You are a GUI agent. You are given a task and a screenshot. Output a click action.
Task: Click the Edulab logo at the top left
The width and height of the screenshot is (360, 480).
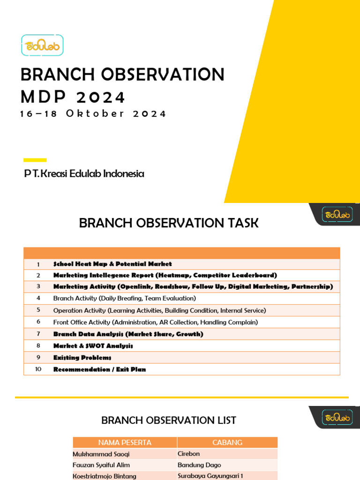pos(42,45)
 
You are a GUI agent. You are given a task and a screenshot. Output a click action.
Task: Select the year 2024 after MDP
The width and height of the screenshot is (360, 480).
pos(100,97)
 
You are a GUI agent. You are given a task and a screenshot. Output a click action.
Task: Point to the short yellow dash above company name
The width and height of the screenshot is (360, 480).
pos(35,160)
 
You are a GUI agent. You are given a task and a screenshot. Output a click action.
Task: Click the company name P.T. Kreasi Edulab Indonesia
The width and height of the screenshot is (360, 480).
pos(84,174)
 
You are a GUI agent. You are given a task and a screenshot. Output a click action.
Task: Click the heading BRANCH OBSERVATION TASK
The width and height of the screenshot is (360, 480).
pos(169,223)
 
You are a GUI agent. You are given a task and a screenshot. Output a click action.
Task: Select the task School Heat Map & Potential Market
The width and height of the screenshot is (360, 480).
pos(112,264)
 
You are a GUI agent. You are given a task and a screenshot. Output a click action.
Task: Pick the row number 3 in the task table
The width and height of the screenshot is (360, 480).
pos(38,286)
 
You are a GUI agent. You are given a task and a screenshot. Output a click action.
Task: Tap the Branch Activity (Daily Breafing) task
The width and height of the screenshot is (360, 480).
pos(124,298)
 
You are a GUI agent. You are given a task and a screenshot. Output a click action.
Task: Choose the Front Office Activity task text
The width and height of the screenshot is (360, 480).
pos(155,322)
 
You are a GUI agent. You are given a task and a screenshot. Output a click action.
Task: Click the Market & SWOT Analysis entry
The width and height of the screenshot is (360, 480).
pos(93,346)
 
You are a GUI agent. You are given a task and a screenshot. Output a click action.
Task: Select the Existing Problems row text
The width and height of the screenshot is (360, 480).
pos(82,358)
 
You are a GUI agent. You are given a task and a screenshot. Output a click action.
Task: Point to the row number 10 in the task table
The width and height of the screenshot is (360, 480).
pos(38,369)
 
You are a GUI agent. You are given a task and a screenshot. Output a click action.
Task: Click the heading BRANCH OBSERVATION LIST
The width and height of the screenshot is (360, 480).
pos(169,420)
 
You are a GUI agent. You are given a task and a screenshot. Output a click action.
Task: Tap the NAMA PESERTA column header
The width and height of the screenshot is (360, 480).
pos(125,442)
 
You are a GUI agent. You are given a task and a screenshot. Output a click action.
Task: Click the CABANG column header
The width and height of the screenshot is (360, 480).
pos(227,442)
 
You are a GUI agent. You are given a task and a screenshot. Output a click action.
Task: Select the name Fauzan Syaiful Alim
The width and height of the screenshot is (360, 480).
pos(101,465)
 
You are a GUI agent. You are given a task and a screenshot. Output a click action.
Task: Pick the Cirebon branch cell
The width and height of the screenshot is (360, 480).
pos(188,454)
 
